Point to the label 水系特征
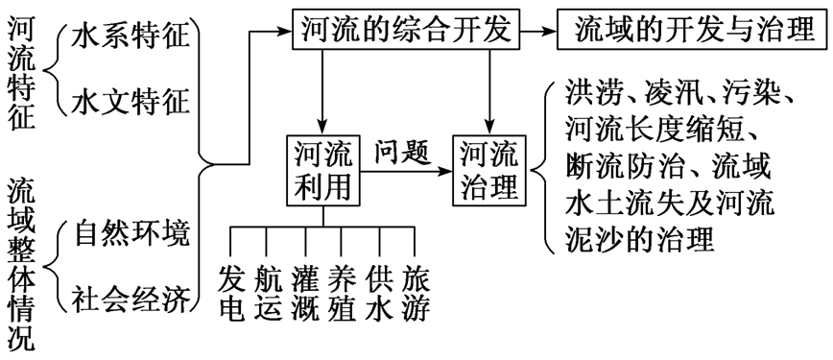point(131,38)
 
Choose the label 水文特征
point(131,99)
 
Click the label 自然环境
point(131,233)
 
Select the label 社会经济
point(131,297)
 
